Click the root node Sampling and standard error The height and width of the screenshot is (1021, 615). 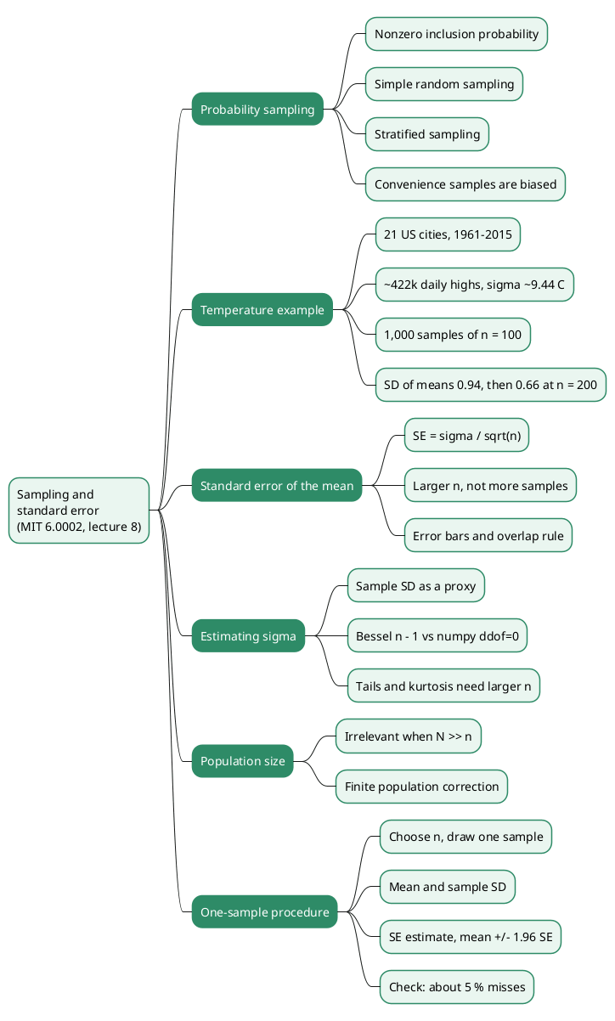[x=79, y=510]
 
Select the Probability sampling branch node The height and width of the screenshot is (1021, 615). [x=257, y=109]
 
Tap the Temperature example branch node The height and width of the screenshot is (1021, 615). [x=262, y=309]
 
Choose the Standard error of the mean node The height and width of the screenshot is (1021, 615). [x=277, y=485]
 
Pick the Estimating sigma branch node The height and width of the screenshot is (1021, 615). [x=248, y=635]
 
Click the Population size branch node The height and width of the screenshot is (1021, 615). [x=243, y=761]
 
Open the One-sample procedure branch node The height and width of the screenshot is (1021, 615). [x=264, y=911]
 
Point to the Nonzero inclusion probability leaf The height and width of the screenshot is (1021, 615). [x=456, y=34]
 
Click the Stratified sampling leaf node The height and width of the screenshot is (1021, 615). [x=427, y=134]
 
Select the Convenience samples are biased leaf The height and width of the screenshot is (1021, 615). [x=465, y=184]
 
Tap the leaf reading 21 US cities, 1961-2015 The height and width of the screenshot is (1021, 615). [x=448, y=234]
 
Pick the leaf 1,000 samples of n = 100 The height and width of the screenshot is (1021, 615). [x=453, y=335]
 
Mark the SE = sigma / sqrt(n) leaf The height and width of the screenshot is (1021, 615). [x=467, y=435]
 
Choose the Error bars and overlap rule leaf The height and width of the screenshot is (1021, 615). [x=488, y=535]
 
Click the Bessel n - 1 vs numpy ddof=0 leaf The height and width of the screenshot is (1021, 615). [x=437, y=635]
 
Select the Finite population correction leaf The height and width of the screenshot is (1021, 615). [x=421, y=787]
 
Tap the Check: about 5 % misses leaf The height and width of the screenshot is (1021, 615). [x=457, y=987]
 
